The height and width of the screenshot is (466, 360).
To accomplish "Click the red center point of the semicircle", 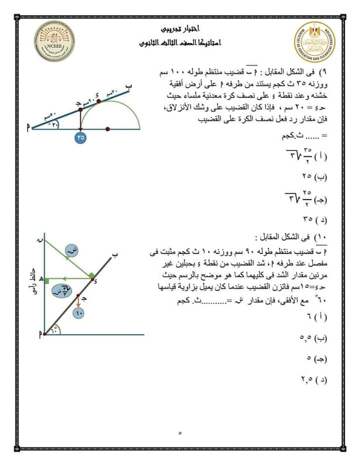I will (x=108, y=128).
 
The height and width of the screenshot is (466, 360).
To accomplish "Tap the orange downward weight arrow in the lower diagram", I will (x=79, y=300).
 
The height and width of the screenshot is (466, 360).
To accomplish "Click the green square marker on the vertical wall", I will (x=46, y=282).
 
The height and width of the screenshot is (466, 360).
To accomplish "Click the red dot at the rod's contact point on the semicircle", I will (x=98, y=100).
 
